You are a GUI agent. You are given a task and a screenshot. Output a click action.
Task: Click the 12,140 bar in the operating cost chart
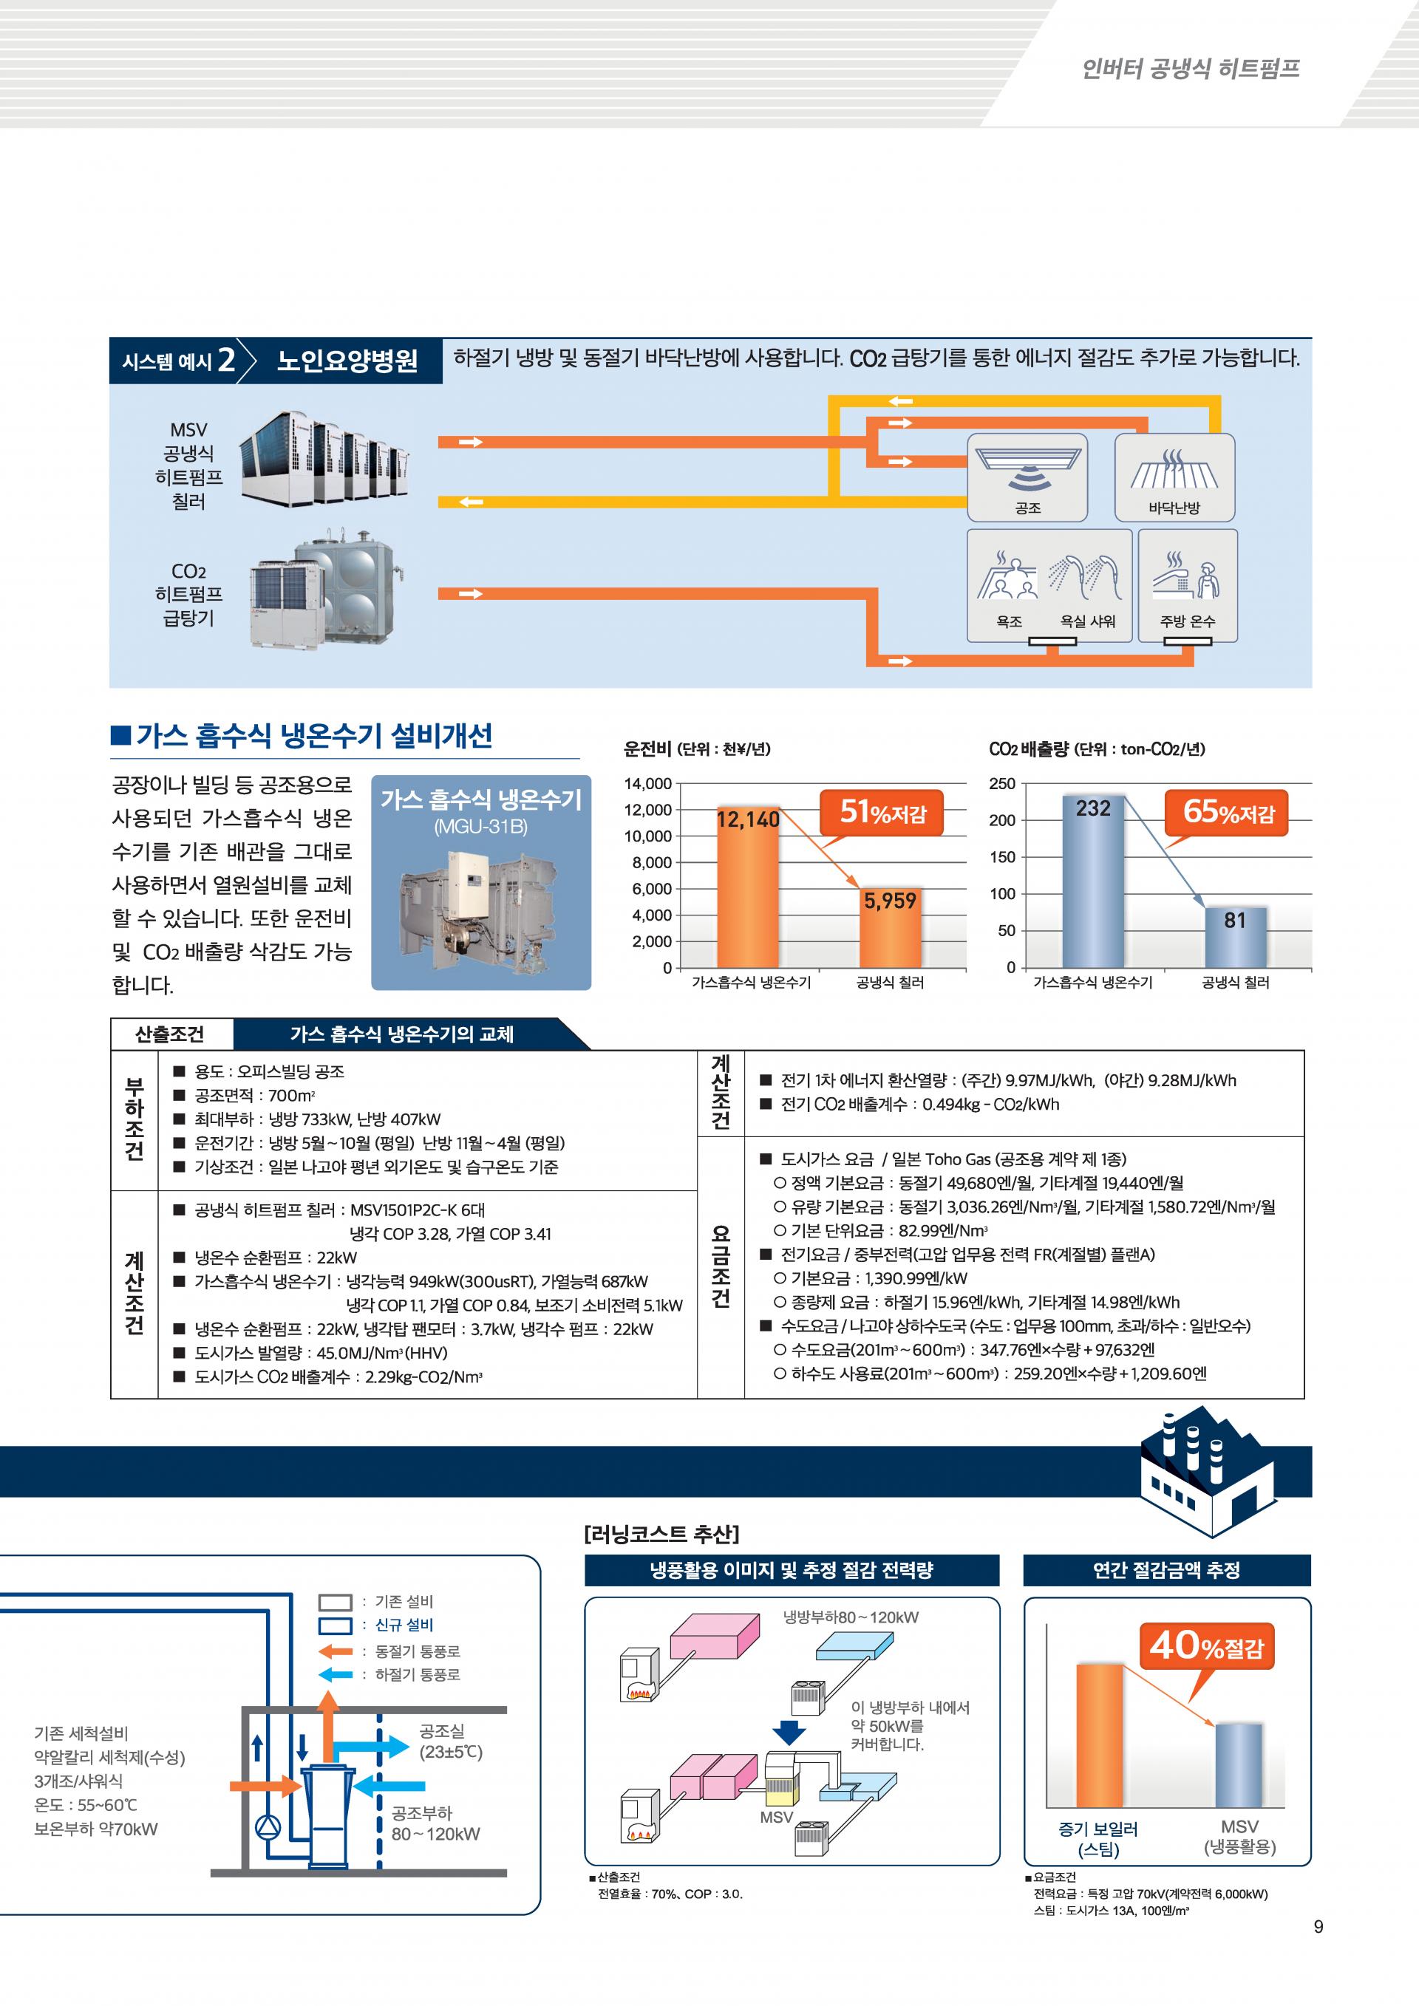748,891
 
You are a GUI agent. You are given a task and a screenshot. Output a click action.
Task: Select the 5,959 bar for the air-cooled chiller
890,930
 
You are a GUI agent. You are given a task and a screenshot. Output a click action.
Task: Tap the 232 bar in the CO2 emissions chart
1093,882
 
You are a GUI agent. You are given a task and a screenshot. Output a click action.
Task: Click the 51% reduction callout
882,813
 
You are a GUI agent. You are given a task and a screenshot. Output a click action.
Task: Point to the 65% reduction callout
1228,813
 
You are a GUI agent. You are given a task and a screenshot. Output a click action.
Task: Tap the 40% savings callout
1206,1647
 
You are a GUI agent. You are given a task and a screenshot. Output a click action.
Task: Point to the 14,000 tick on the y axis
647,784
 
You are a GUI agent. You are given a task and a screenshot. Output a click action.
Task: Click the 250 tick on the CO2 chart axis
1002,784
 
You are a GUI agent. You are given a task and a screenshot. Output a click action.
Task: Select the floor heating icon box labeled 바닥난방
1174,477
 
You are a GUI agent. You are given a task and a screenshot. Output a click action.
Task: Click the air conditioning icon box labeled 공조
1027,477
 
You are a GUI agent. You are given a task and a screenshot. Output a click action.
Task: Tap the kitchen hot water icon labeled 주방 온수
1188,585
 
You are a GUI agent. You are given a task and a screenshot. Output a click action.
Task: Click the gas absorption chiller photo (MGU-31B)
481,909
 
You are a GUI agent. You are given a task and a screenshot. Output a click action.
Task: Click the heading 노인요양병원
347,361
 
